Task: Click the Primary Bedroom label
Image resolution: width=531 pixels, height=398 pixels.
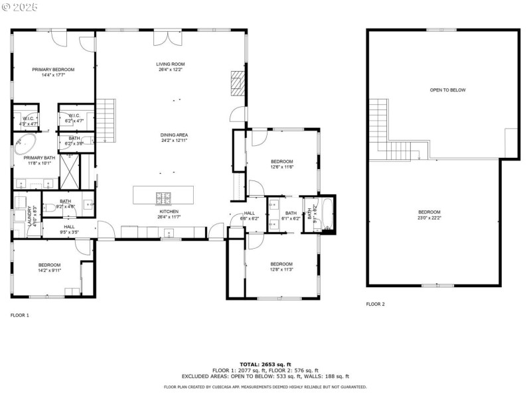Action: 53,69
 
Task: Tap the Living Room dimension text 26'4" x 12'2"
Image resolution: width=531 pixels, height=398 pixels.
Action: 170,69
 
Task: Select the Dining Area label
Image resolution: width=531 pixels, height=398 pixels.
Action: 174,135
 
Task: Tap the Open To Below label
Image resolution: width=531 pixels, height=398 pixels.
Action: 447,90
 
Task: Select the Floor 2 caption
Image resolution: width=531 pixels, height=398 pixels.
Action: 375,304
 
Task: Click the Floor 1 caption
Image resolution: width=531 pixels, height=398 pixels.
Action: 20,315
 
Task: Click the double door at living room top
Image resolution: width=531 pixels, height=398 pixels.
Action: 163,38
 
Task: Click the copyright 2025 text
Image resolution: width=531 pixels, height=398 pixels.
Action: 20,7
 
